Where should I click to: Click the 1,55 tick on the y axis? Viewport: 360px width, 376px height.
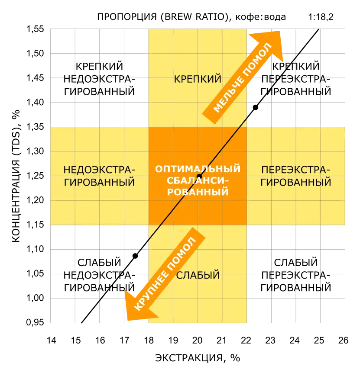[x=35, y=29]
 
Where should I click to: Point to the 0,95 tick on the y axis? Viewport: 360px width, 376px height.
[x=35, y=322]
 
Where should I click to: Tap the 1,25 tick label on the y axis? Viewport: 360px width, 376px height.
[x=35, y=176]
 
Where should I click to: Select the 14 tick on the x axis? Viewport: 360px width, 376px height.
[x=51, y=340]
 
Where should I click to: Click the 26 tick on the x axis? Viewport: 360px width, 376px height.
[x=343, y=340]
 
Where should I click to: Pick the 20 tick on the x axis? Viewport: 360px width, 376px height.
[x=197, y=340]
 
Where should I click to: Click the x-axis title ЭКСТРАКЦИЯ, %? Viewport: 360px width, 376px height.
[x=198, y=358]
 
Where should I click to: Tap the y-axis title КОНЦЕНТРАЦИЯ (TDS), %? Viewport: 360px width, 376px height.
[x=16, y=176]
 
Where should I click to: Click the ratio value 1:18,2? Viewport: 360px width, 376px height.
[x=321, y=17]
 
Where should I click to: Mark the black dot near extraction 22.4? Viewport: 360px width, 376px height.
[x=256, y=107]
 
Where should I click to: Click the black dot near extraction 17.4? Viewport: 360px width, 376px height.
[x=135, y=256]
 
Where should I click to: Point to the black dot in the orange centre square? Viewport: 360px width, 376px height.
[x=199, y=177]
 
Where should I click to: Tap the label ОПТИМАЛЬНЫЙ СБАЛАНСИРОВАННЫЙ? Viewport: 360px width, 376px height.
[x=198, y=180]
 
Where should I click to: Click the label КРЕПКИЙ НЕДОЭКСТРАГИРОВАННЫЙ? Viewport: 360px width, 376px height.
[x=99, y=79]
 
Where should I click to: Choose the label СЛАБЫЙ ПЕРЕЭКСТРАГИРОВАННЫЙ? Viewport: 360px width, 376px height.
[x=296, y=275]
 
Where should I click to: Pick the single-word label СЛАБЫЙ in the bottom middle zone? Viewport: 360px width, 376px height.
[x=198, y=275]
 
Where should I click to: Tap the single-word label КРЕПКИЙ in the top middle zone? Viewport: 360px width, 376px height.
[x=198, y=79]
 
